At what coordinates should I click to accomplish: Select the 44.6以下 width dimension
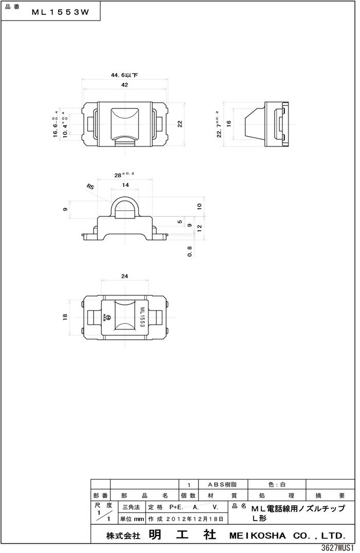[x=124, y=75]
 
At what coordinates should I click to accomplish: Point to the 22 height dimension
[x=180, y=123]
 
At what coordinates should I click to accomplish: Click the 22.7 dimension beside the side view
[x=220, y=124]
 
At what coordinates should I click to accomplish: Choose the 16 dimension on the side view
[x=230, y=123]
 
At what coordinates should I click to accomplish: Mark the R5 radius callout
[x=91, y=188]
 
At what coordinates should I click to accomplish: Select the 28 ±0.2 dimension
[x=124, y=175]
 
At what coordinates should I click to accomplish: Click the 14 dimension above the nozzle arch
[x=125, y=185]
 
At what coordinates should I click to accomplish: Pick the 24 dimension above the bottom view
[x=124, y=276]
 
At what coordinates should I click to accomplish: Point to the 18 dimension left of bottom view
[x=65, y=318]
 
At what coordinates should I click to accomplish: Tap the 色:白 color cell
[x=277, y=485]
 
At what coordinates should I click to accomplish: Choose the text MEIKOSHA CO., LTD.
[x=291, y=534]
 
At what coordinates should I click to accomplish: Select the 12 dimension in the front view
[x=200, y=226]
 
